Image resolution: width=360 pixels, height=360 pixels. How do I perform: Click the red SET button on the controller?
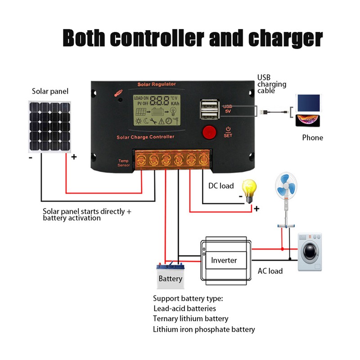pyautogui.click(x=208, y=132)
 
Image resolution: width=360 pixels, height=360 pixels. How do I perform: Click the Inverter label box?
pyautogui.click(x=224, y=260)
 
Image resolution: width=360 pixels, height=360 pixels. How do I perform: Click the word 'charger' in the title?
pyautogui.click(x=283, y=38)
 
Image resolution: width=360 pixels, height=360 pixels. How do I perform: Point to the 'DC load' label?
pyautogui.click(x=221, y=185)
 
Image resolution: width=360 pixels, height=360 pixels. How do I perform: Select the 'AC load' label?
pyautogui.click(x=270, y=271)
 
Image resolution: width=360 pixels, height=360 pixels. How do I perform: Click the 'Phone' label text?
pyautogui.click(x=312, y=138)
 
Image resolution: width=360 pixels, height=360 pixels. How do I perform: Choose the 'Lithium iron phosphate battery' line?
pyautogui.click(x=204, y=329)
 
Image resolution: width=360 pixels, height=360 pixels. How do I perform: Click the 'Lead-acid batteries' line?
pyautogui.click(x=184, y=308)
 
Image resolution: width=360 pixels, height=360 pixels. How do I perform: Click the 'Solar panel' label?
pyautogui.click(x=50, y=91)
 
